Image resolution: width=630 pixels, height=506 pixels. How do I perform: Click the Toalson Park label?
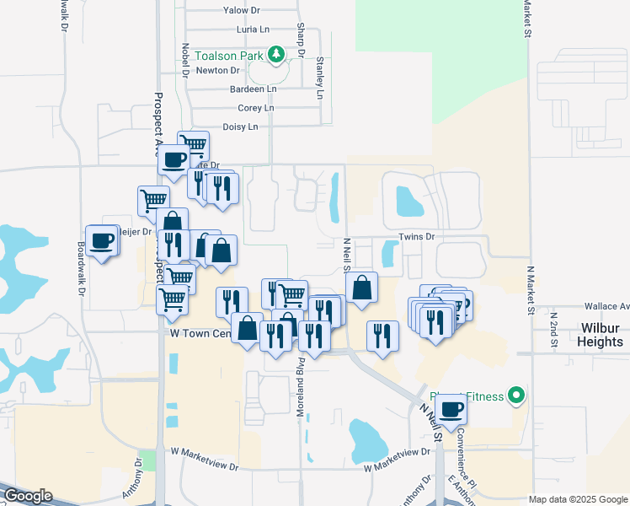click(x=230, y=56)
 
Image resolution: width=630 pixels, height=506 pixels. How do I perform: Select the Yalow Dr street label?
click(x=241, y=10)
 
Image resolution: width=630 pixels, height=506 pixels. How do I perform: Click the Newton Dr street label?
click(x=212, y=71)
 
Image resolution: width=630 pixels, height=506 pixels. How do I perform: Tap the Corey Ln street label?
click(x=256, y=108)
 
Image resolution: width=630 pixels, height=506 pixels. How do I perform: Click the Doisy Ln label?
click(x=240, y=126)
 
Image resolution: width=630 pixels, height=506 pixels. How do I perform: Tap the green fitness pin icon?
click(x=517, y=396)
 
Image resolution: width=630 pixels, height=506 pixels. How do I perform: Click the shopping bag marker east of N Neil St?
click(x=361, y=288)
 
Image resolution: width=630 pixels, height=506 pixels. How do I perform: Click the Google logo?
click(x=27, y=496)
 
